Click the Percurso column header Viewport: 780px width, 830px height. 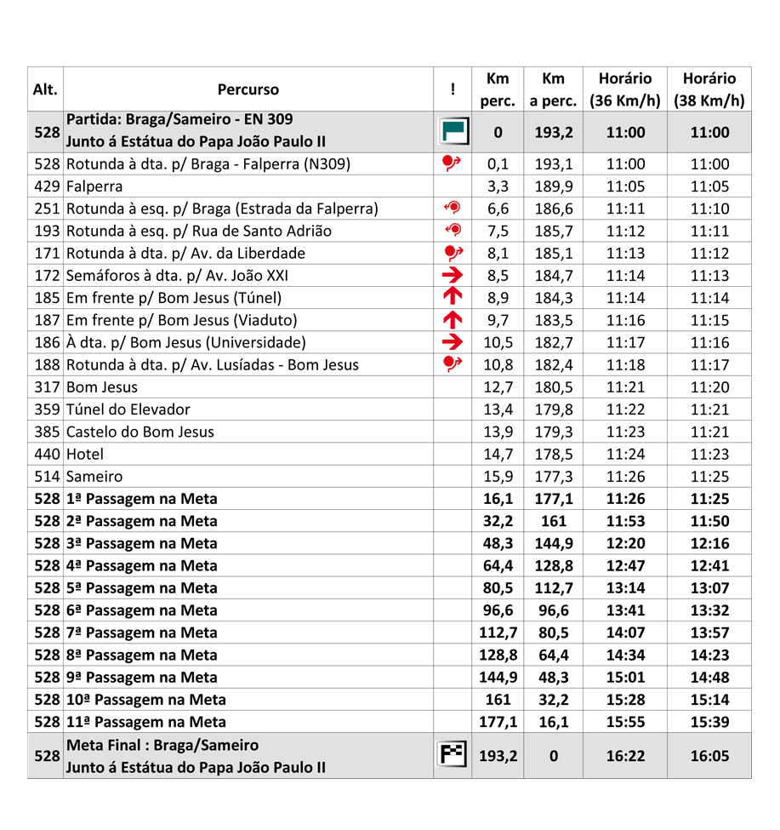tap(248, 89)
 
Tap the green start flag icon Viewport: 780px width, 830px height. tap(453, 132)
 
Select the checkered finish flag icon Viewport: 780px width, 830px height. tap(453, 755)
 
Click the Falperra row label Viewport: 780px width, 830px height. tap(94, 186)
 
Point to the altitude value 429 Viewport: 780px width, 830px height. tap(46, 186)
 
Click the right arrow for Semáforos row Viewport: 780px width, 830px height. tap(453, 276)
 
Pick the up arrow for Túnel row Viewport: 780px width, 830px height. tap(453, 298)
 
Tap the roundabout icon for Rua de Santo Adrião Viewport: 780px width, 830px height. tap(453, 231)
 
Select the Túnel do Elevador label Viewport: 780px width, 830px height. tap(128, 409)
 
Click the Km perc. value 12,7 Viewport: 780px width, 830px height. tap(498, 387)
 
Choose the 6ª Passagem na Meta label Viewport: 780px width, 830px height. tap(141, 610)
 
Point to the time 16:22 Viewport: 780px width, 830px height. tap(625, 755)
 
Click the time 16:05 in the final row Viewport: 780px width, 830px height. tap(709, 755)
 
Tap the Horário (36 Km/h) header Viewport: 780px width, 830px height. tap(625, 89)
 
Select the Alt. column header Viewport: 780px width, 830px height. tap(45, 89)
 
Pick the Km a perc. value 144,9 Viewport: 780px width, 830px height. tap(554, 544)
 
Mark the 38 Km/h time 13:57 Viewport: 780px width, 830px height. tap(709, 633)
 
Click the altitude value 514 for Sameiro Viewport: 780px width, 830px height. tap(46, 477)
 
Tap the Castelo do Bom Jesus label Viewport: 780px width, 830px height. tap(140, 432)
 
